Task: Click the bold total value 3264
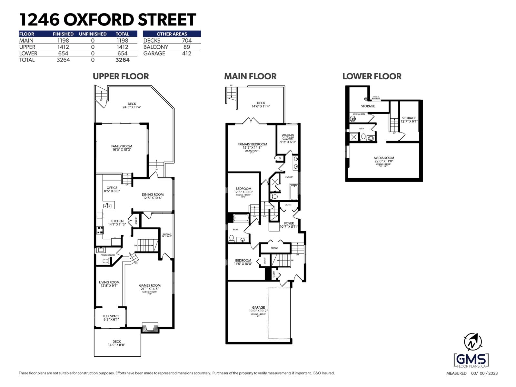[122, 60]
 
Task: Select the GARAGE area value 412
[186, 54]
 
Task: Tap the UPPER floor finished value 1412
[63, 47]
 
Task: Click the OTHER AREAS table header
[172, 34]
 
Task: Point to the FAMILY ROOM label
[122, 146]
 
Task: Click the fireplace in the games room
[150, 328]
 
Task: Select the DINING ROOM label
[153, 194]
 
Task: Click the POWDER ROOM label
[108, 255]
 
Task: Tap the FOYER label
[289, 223]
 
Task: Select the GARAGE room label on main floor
[258, 308]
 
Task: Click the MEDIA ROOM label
[384, 158]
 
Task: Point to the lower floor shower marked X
[354, 137]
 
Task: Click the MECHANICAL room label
[359, 114]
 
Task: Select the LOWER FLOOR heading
[372, 76]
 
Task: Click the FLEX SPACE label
[111, 316]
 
